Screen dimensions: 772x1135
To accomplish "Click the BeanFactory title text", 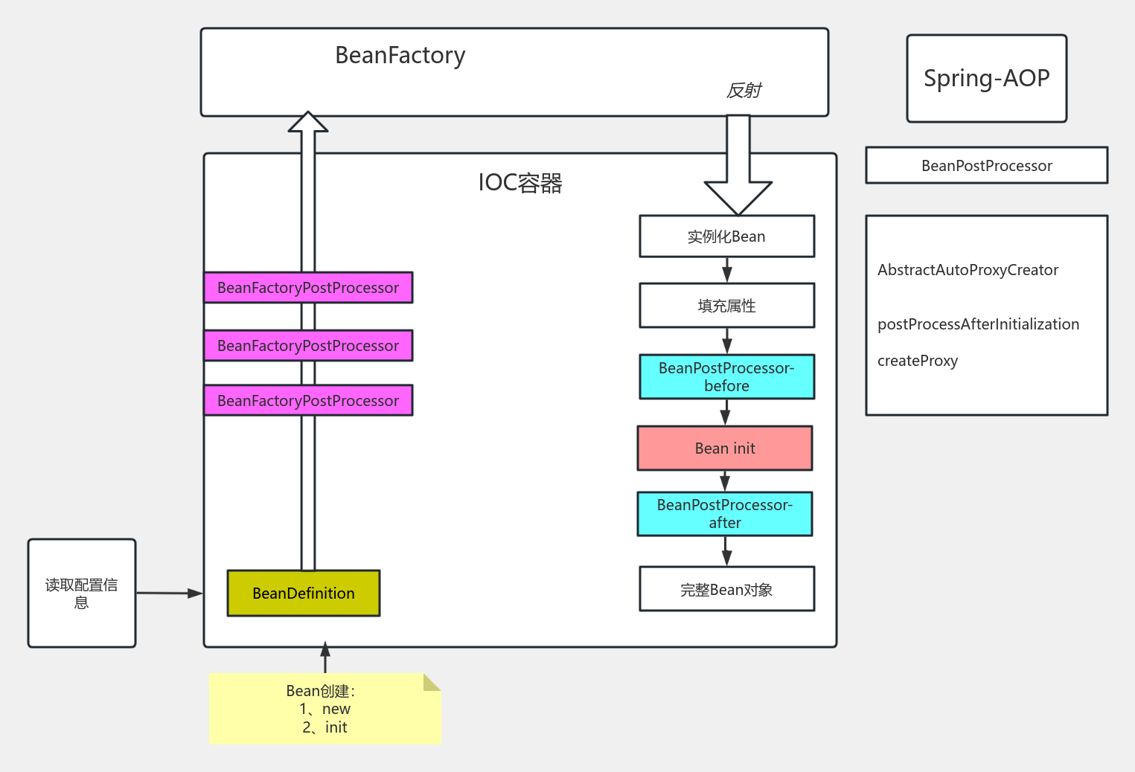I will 400,56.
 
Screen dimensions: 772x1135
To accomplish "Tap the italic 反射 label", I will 744,91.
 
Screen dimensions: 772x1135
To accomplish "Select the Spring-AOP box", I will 986,78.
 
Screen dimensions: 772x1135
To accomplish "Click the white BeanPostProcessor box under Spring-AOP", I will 986,165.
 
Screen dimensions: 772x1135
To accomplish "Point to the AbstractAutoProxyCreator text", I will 968,270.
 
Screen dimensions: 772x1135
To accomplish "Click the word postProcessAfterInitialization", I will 978,324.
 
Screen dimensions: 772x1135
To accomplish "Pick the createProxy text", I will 917,361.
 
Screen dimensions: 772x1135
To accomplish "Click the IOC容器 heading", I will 519,183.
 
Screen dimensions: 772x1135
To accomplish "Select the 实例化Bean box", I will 726,237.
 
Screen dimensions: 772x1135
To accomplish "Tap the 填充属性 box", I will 726,306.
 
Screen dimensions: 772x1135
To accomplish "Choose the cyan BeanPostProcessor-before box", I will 726,377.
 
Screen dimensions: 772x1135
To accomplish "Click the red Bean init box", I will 724,448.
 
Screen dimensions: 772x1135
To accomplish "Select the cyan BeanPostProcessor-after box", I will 724,514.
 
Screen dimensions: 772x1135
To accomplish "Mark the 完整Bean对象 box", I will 726,589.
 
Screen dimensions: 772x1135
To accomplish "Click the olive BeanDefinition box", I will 304,594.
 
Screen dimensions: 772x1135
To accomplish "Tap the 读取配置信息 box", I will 82,594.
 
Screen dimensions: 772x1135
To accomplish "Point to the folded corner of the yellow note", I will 431,683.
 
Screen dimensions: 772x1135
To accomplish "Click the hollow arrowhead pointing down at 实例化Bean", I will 738,196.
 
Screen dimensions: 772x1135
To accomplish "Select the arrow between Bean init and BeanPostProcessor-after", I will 725,480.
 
